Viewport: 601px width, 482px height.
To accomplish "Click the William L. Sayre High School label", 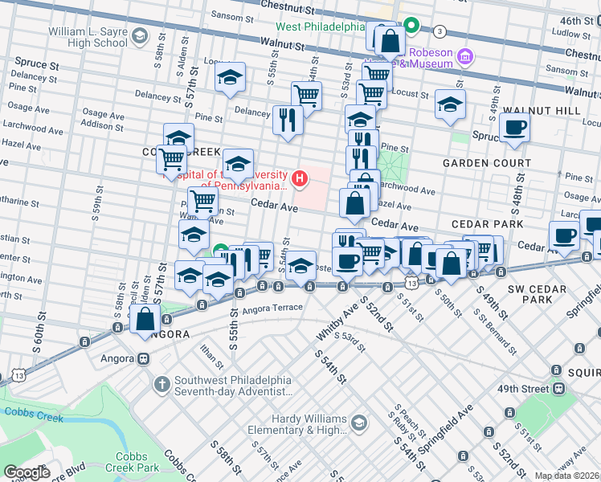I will (x=88, y=36).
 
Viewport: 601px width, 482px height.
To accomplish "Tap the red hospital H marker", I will (x=300, y=178).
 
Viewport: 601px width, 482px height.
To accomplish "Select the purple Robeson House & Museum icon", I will (x=464, y=56).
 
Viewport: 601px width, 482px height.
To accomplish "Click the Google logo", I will (x=27, y=472).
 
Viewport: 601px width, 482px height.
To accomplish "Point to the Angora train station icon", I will (x=143, y=359).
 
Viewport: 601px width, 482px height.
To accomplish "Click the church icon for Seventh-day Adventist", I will (x=162, y=383).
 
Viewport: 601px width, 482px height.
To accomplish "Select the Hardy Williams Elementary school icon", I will (x=358, y=423).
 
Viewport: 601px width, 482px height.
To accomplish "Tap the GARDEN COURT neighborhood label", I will (x=487, y=163).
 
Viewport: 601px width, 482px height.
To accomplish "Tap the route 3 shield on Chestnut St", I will (x=439, y=31).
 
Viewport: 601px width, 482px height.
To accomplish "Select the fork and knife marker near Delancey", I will (x=288, y=120).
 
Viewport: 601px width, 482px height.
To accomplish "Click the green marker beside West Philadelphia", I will (x=412, y=26).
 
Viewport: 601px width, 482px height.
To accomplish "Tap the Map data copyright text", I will (x=567, y=476).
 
